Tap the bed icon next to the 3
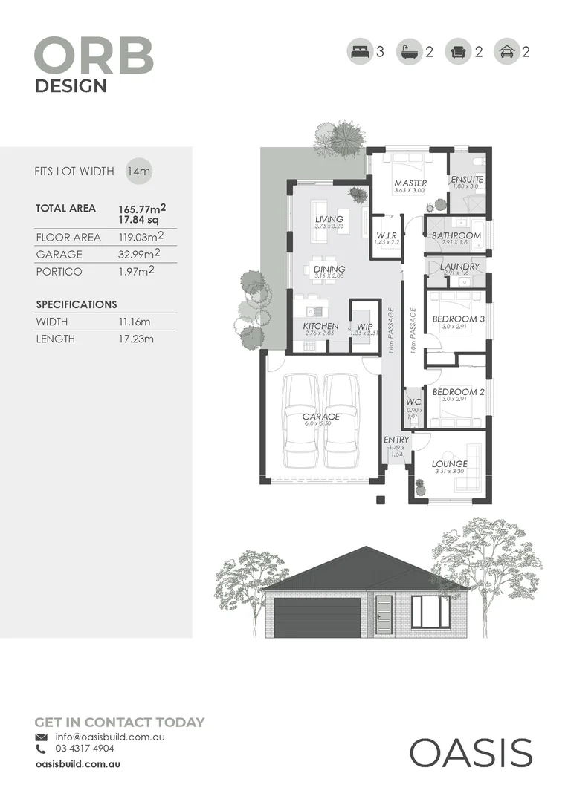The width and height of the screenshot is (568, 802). tap(359, 52)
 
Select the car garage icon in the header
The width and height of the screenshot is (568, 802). tap(506, 52)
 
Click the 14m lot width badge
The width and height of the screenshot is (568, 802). tap(138, 171)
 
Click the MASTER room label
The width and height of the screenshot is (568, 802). tap(410, 183)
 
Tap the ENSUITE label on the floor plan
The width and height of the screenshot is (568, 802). tap(467, 180)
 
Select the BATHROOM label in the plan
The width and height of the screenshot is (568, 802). tap(456, 235)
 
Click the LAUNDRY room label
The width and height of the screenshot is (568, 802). tap(459, 267)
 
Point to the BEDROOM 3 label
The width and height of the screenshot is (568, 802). tap(459, 319)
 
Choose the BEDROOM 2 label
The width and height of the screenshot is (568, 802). tap(459, 391)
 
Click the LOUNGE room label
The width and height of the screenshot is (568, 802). tap(450, 464)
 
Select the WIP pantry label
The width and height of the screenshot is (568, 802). tap(364, 326)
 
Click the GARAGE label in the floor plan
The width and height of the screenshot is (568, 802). tap(321, 417)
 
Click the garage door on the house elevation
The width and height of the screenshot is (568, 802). tap(318, 616)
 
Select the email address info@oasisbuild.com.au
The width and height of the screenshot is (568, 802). tap(109, 737)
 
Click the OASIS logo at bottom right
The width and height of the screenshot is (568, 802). tap(471, 752)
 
